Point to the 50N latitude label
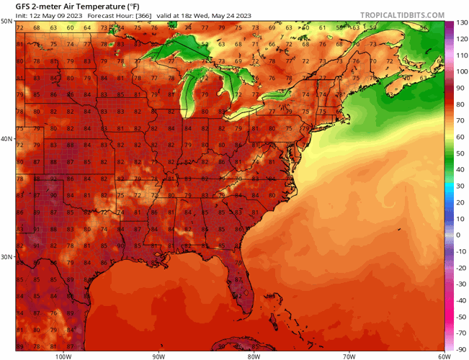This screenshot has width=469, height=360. click(6, 22)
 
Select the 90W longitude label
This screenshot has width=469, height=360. click(158, 356)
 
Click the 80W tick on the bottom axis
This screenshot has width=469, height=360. click(254, 356)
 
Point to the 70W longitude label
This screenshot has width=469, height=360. click(349, 356)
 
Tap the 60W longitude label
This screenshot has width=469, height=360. click(442, 356)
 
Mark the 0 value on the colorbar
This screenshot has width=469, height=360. click(458, 235)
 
